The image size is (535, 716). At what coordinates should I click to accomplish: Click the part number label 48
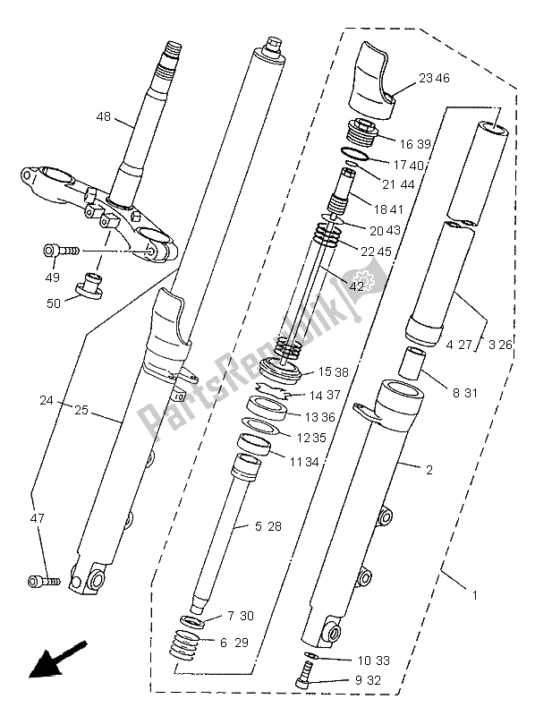[x=105, y=116]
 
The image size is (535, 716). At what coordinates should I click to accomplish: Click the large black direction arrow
[x=55, y=661]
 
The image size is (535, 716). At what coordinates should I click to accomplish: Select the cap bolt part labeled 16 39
[x=363, y=135]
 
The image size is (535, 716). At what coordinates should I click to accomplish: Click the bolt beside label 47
[x=43, y=581]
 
